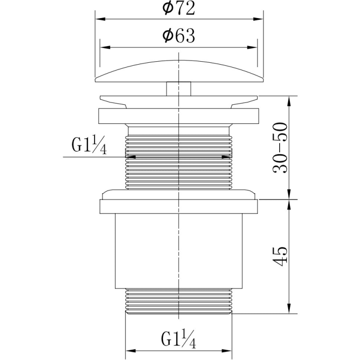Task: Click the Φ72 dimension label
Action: coord(179,9)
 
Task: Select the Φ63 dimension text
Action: coord(179,36)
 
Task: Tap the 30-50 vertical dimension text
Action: coord(280,148)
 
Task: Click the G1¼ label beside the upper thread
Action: coord(89,145)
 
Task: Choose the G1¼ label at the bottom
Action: coord(179,338)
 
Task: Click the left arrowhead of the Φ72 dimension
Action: coord(100,19)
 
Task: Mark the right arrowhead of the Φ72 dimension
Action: coord(258,19)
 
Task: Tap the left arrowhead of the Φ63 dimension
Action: coord(105,48)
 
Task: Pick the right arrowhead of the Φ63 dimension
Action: coord(252,48)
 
